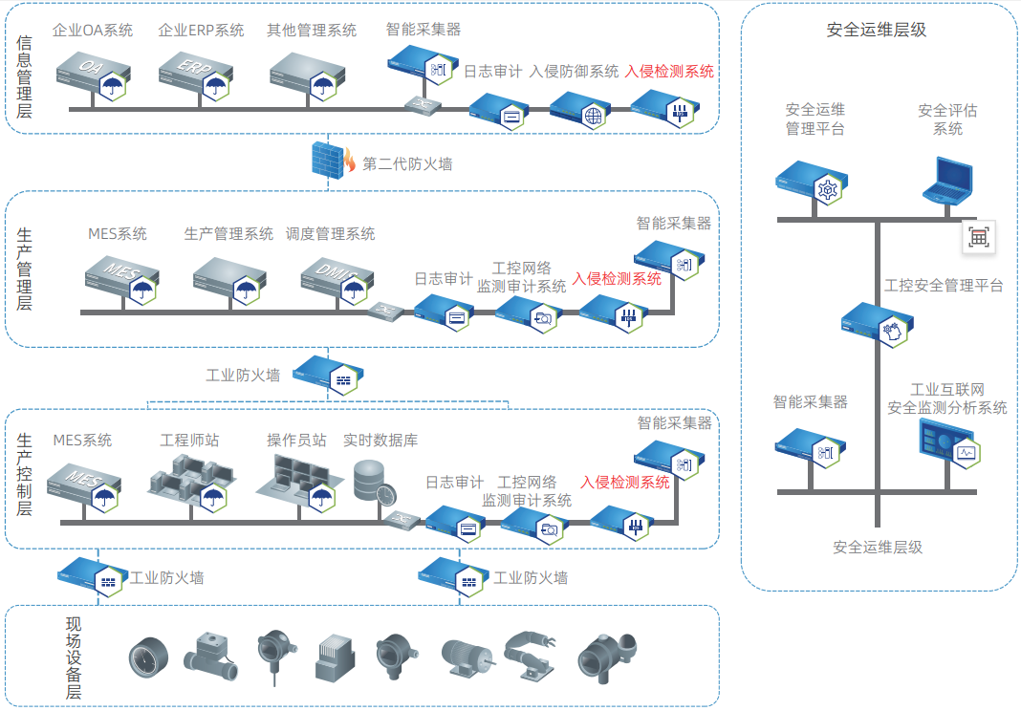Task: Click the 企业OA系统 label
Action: click(93, 31)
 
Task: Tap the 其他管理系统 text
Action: click(312, 31)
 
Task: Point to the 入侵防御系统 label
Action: click(574, 71)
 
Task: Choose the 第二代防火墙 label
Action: click(407, 164)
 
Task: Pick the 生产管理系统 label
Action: click(228, 233)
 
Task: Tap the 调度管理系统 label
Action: click(331, 233)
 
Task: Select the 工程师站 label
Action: click(189, 440)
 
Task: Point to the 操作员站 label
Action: click(296, 440)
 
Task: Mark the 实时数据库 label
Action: click(380, 440)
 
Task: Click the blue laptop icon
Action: click(948, 182)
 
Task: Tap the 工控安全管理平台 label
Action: click(944, 285)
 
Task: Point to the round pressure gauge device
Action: click(149, 657)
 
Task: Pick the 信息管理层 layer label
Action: click(25, 76)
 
